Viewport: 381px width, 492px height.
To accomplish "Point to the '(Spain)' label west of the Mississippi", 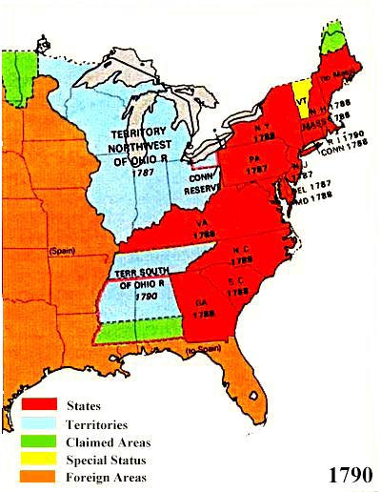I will pos(62,250).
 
